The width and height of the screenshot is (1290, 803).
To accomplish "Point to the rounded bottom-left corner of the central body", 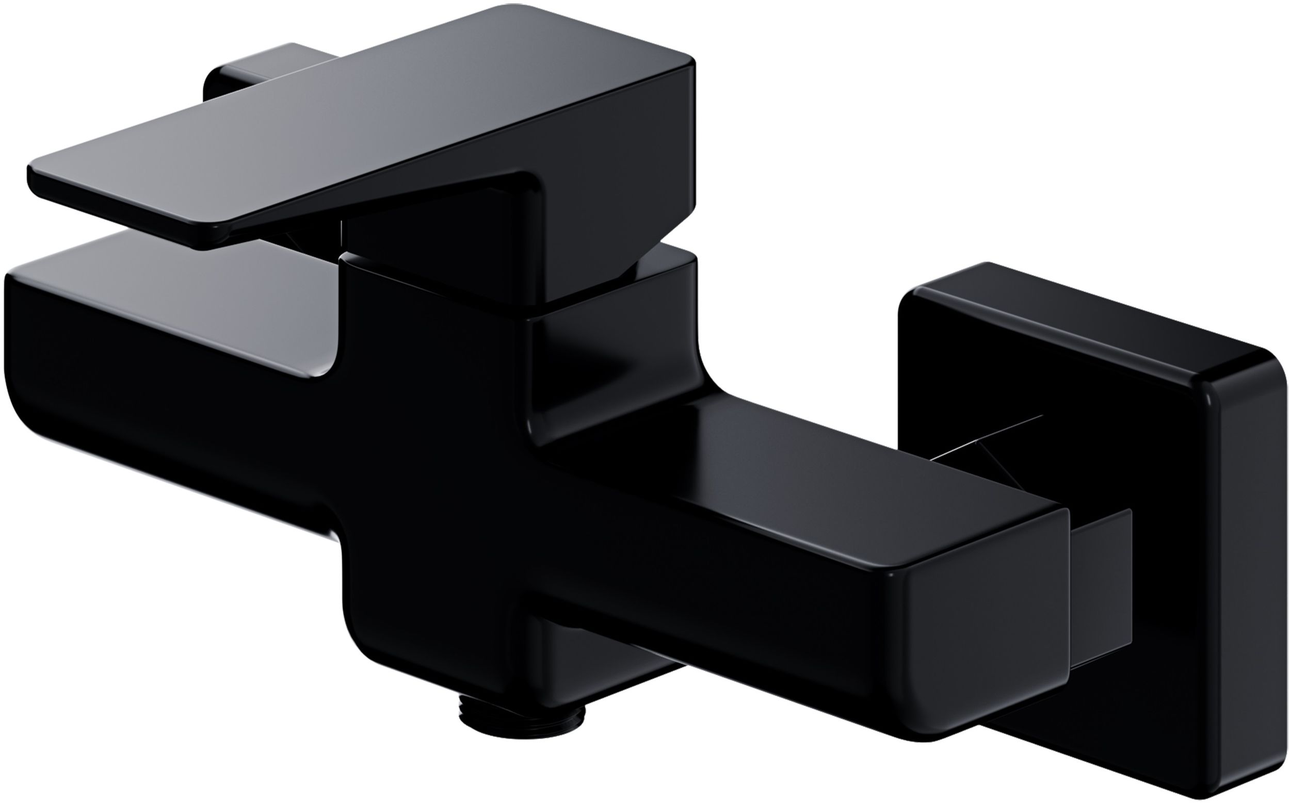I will [x=361, y=637].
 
